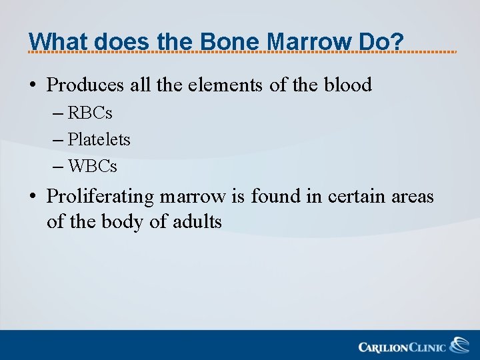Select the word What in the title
(59, 41)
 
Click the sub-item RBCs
(90, 113)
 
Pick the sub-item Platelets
(99, 139)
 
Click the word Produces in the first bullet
(85, 85)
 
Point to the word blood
(347, 85)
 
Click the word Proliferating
(99, 197)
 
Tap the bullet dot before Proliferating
(33, 197)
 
